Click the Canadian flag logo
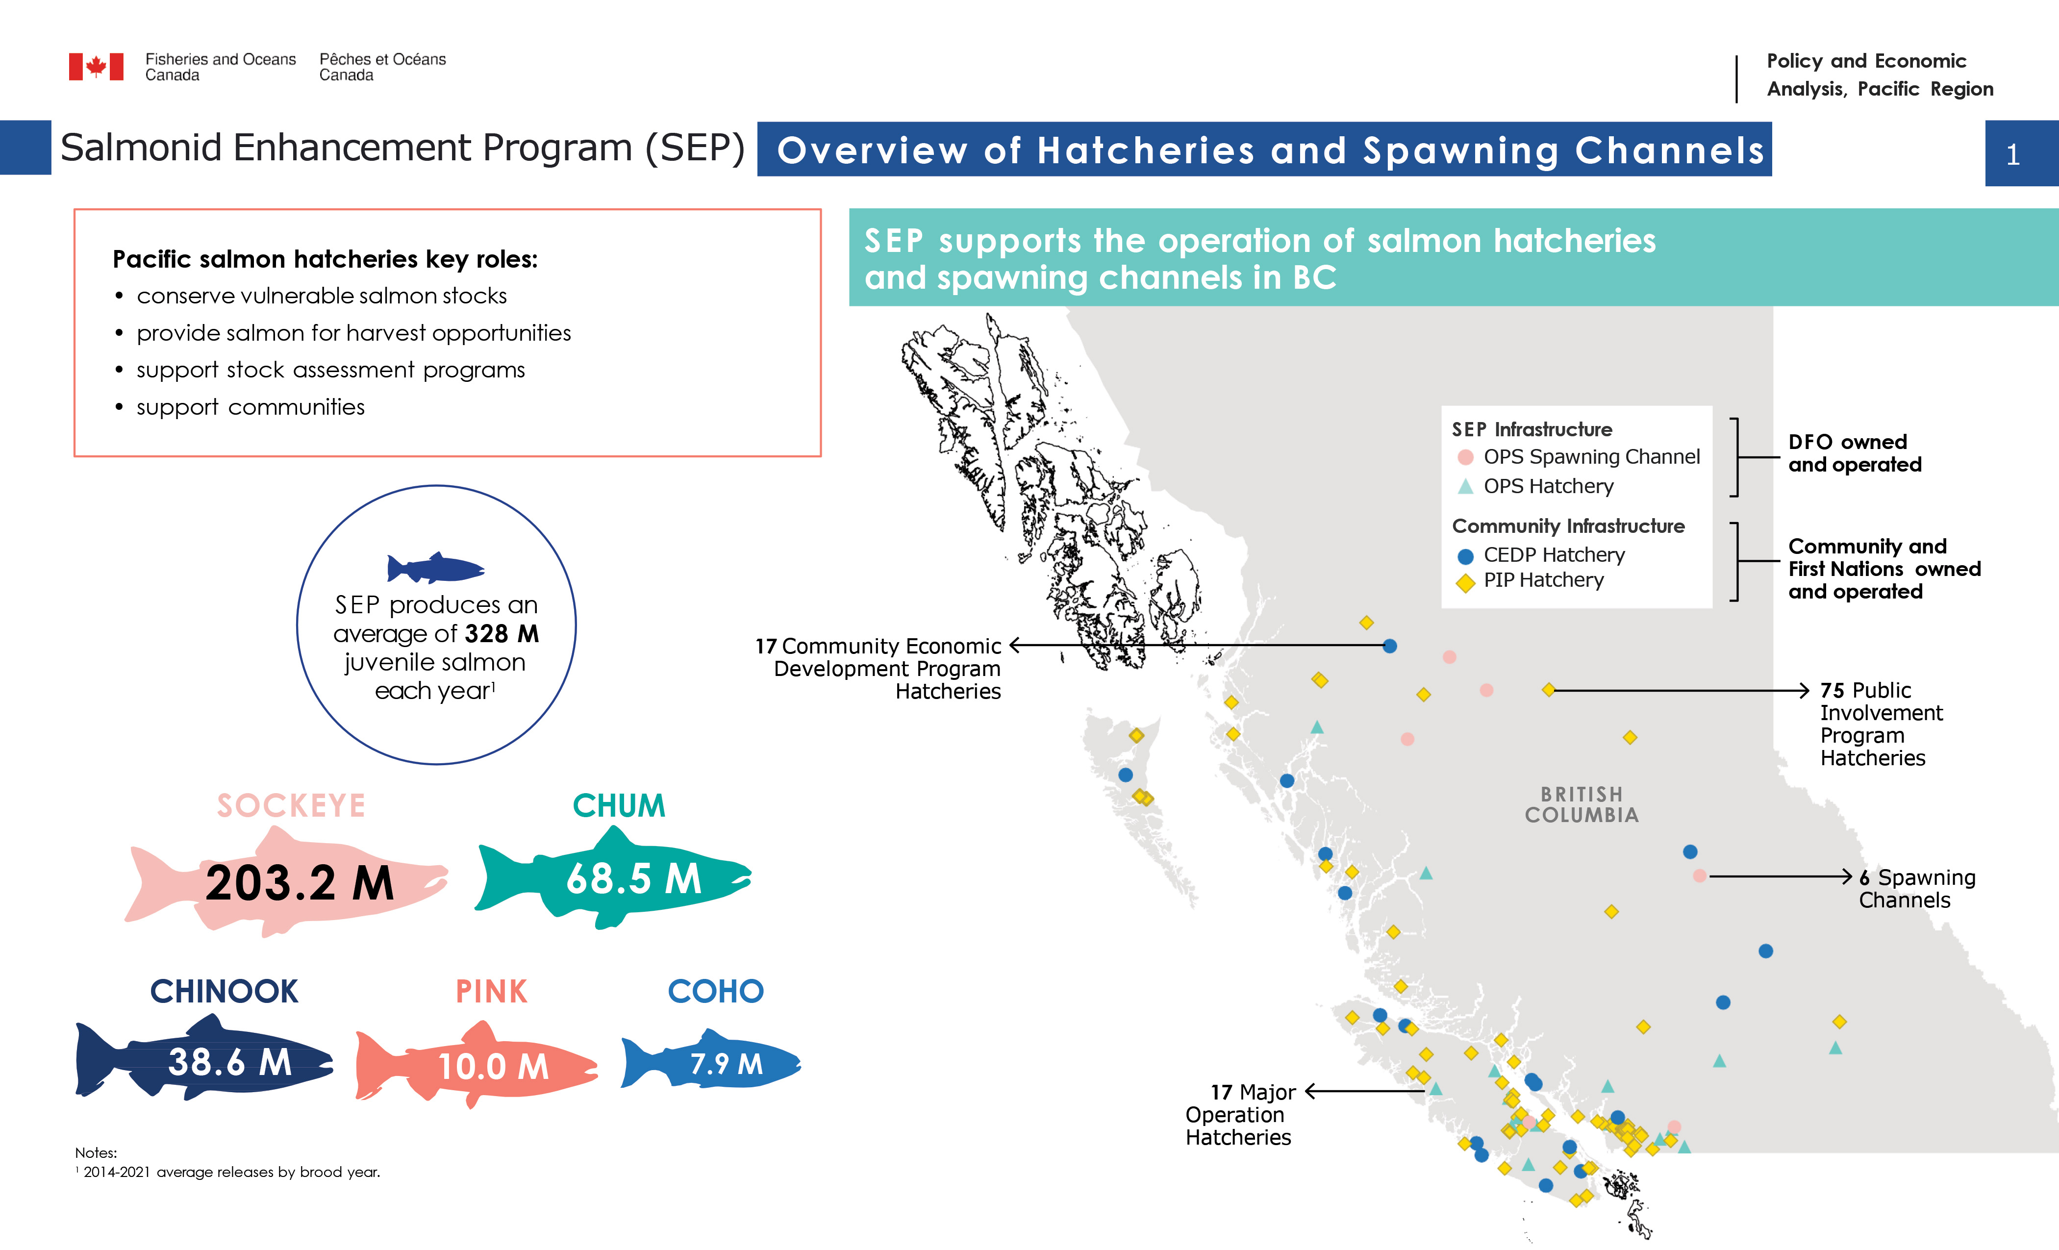point(96,67)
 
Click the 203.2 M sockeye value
point(299,883)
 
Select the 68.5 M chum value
point(633,879)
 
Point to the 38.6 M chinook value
point(230,1062)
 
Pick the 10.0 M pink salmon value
point(493,1066)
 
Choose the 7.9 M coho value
point(726,1064)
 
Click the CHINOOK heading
point(224,991)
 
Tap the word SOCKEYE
point(291,805)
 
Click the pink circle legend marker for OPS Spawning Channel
point(1465,457)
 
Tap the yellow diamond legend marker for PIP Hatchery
point(1465,582)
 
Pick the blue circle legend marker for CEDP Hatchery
point(1465,556)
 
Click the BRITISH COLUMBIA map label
point(1581,804)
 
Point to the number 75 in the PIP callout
point(1832,690)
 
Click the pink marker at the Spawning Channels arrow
point(1699,875)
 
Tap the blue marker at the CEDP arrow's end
point(1390,646)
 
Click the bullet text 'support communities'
point(251,407)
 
